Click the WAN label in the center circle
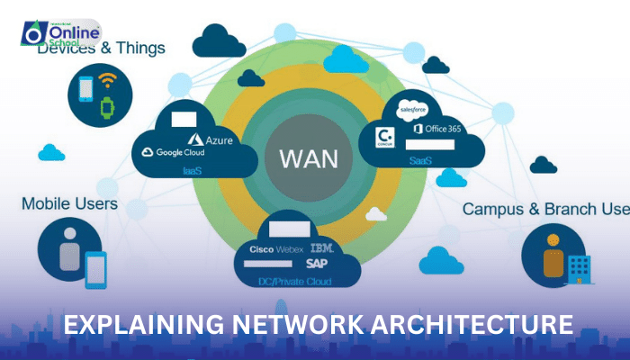coord(309,159)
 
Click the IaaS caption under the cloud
coord(192,168)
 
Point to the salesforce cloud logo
coord(417,107)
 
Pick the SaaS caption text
coord(420,161)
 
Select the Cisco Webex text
coord(275,247)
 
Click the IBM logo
coord(322,247)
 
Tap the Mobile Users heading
coord(69,203)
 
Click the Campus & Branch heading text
coord(544,209)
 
